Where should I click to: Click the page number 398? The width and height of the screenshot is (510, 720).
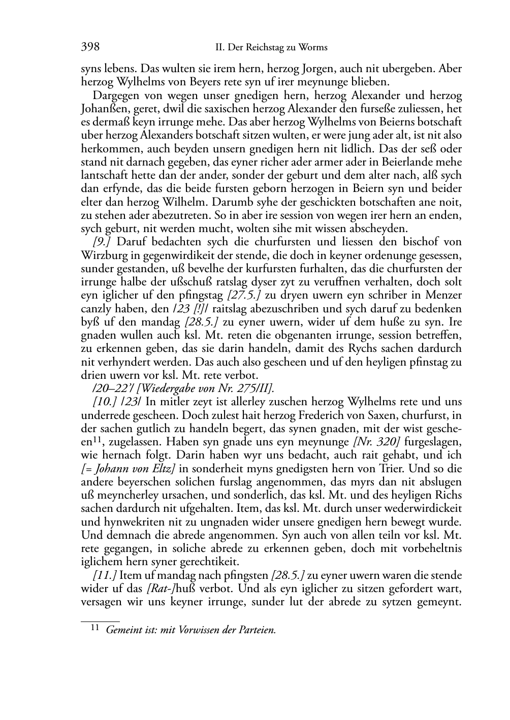tap(90, 47)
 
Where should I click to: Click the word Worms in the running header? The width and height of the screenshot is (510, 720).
tap(313, 48)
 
